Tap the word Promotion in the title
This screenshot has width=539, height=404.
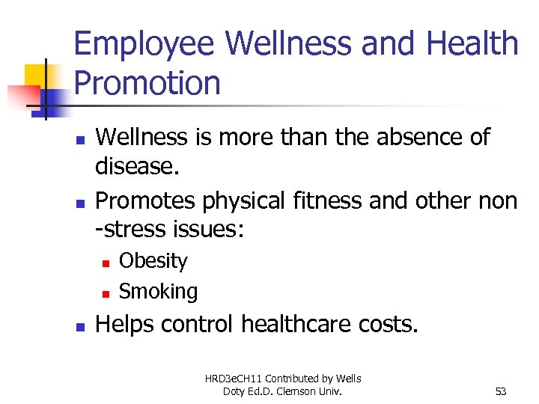click(x=147, y=83)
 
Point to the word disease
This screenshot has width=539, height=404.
click(x=137, y=167)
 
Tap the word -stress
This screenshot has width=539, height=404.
click(x=132, y=229)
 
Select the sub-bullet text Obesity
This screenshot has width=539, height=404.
click(x=153, y=261)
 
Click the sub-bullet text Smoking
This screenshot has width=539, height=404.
click(x=159, y=291)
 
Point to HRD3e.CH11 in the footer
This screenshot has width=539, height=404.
click(x=232, y=379)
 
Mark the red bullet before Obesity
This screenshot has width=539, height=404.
click(x=106, y=263)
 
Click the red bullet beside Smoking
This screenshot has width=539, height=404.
click(x=106, y=293)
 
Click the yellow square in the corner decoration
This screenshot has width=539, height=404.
click(x=36, y=76)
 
